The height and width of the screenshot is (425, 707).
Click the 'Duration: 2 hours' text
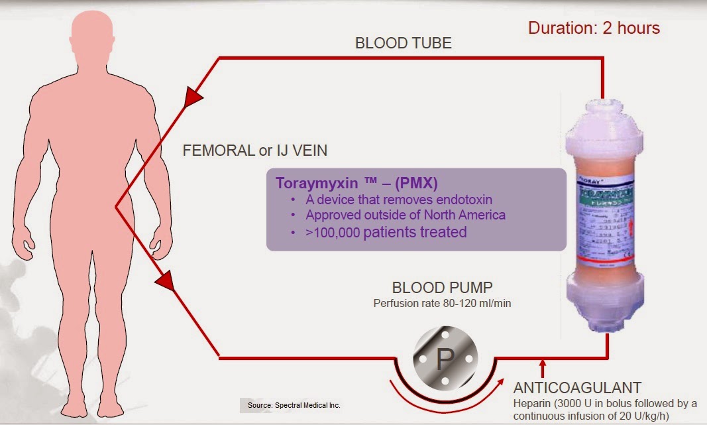tap(594, 28)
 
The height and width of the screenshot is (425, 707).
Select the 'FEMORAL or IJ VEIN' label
tap(254, 151)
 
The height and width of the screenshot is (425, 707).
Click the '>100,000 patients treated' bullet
tap(386, 232)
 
